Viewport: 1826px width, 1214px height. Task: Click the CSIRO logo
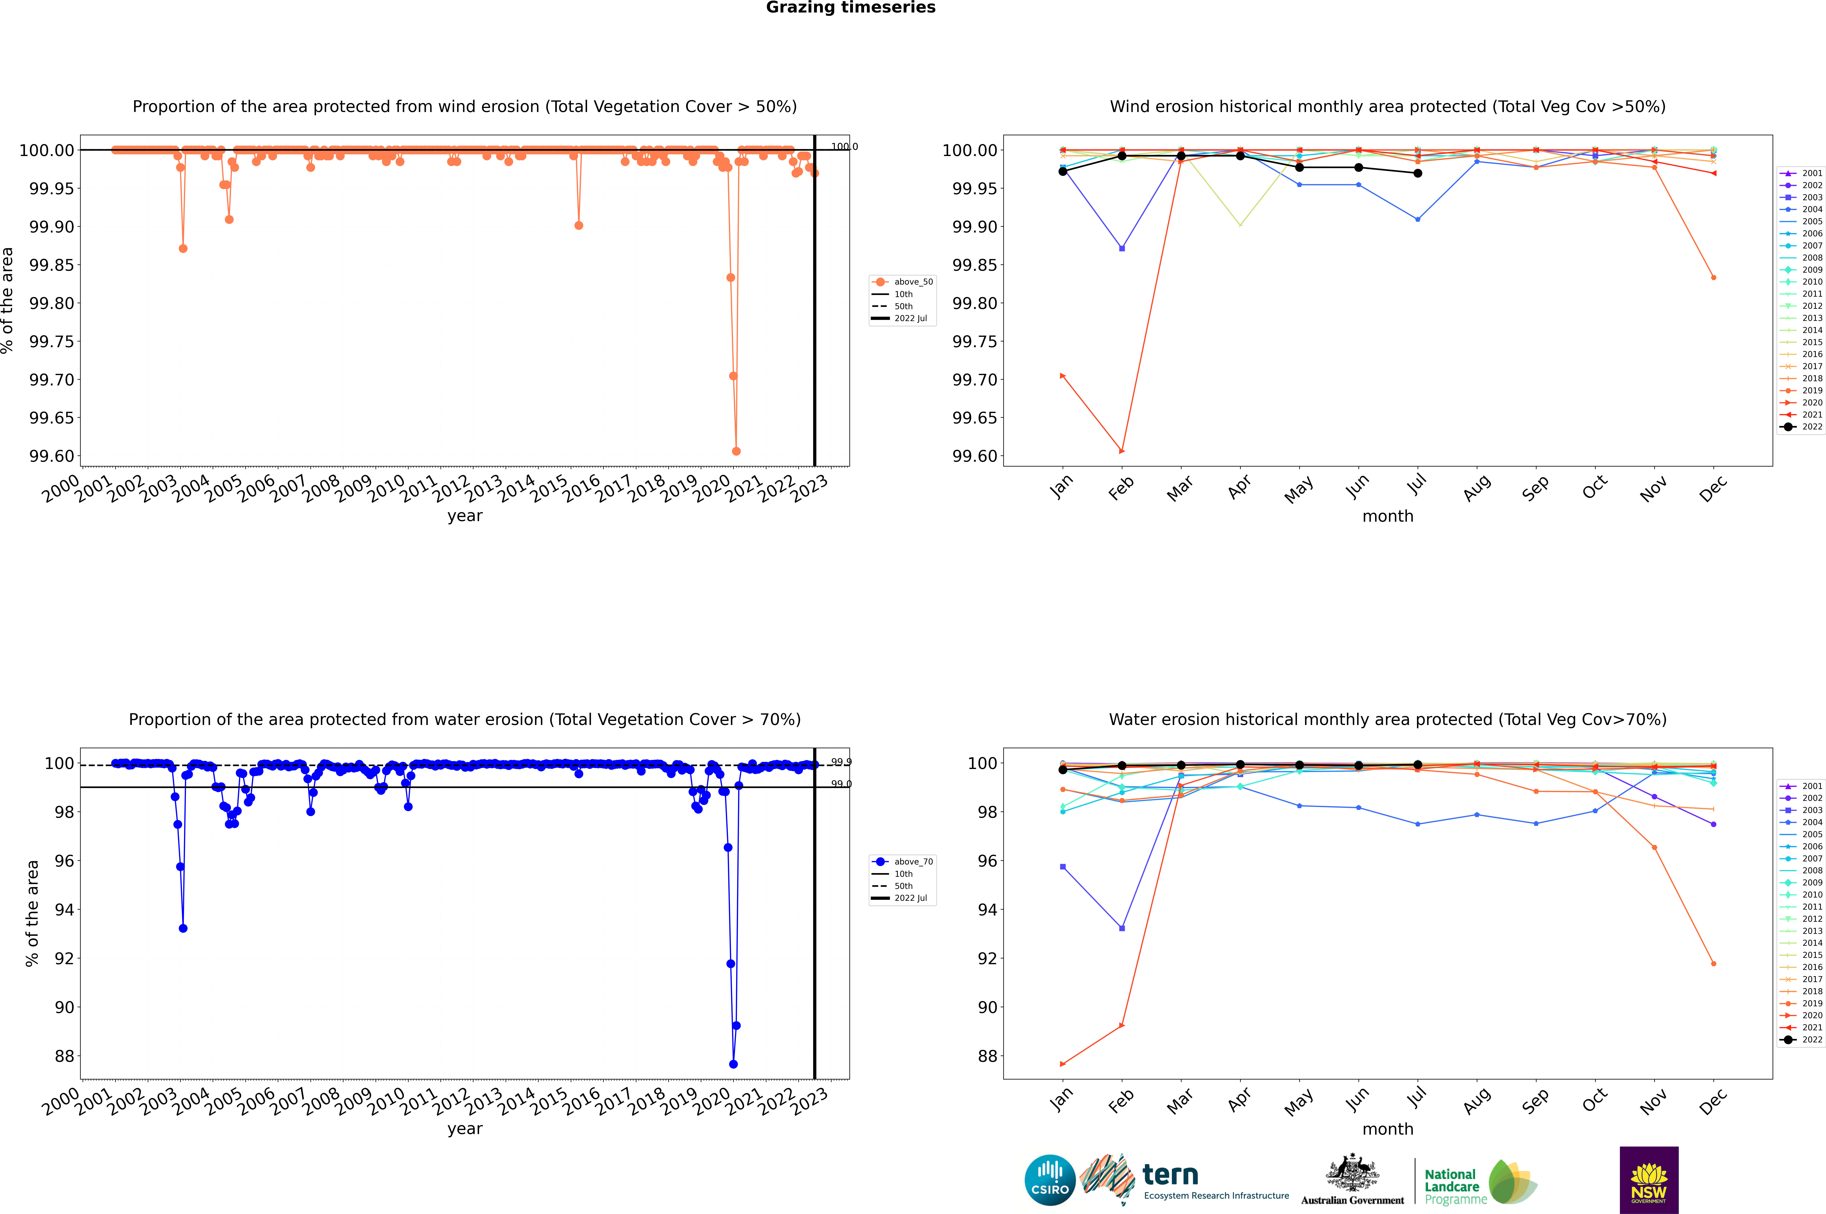(x=1050, y=1180)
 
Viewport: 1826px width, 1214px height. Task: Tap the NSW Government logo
(x=1649, y=1180)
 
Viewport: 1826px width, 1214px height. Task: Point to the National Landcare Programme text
(x=1452, y=1186)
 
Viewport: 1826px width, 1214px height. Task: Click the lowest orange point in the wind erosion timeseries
(x=736, y=451)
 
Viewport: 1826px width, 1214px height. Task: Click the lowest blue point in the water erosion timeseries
(x=733, y=1064)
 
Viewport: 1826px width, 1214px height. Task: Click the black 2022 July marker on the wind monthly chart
(x=1417, y=174)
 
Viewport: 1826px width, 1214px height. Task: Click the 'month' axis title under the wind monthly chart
(x=1387, y=516)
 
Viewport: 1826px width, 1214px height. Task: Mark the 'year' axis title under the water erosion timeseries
(x=464, y=1129)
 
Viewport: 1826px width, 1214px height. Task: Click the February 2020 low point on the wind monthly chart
(x=1122, y=451)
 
